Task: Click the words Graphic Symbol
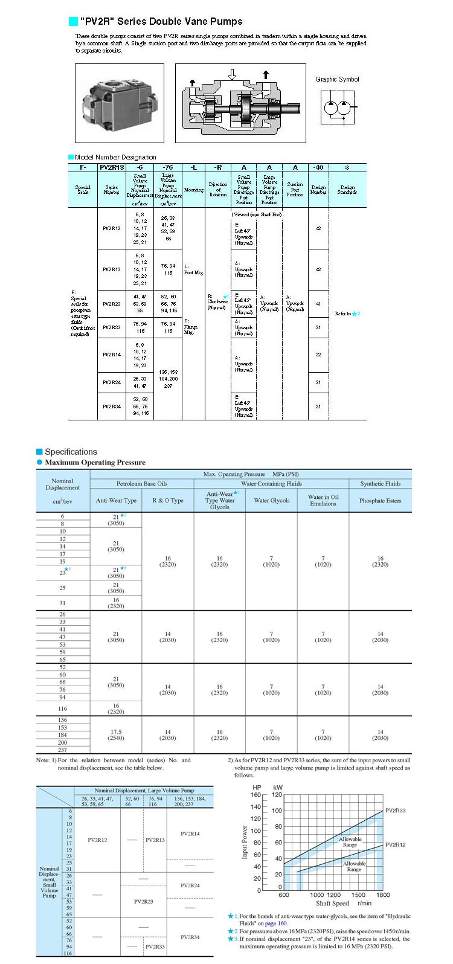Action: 337,79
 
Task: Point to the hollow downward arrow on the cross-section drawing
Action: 232,75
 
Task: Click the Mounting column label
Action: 193,190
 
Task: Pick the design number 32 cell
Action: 318,355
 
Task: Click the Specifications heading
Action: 71,452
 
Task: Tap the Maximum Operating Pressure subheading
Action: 95,463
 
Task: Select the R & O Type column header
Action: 167,500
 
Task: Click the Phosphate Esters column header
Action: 380,500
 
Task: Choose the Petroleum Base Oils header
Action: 141,484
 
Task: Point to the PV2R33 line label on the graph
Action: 395,811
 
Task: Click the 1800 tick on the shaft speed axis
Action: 382,895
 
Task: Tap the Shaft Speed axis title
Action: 332,904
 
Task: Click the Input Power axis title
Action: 245,842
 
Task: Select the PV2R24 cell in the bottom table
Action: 190,885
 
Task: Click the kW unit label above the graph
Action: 277,788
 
